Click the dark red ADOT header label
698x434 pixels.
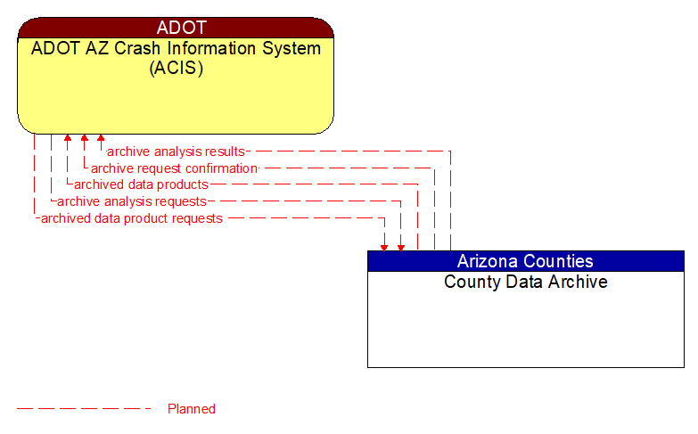[x=176, y=28]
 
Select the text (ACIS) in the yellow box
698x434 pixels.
[x=176, y=69]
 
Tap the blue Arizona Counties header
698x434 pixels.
[x=525, y=261]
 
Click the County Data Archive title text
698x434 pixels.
[x=525, y=283]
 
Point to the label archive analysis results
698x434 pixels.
[x=176, y=151]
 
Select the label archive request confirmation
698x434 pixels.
[x=175, y=168]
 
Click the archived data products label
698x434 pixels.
[x=141, y=184]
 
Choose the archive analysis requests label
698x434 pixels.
[x=132, y=201]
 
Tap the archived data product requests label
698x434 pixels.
[x=132, y=218]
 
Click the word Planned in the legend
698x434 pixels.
[x=192, y=409]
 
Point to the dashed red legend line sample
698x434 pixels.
[x=85, y=409]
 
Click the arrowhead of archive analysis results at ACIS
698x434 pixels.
[x=101, y=139]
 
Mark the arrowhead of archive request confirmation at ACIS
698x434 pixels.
[x=84, y=139]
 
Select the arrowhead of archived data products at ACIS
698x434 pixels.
[x=68, y=139]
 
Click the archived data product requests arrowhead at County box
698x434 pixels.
[x=384, y=246]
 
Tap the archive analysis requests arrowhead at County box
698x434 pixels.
[x=401, y=246]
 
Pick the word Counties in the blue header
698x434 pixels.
[x=561, y=261]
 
